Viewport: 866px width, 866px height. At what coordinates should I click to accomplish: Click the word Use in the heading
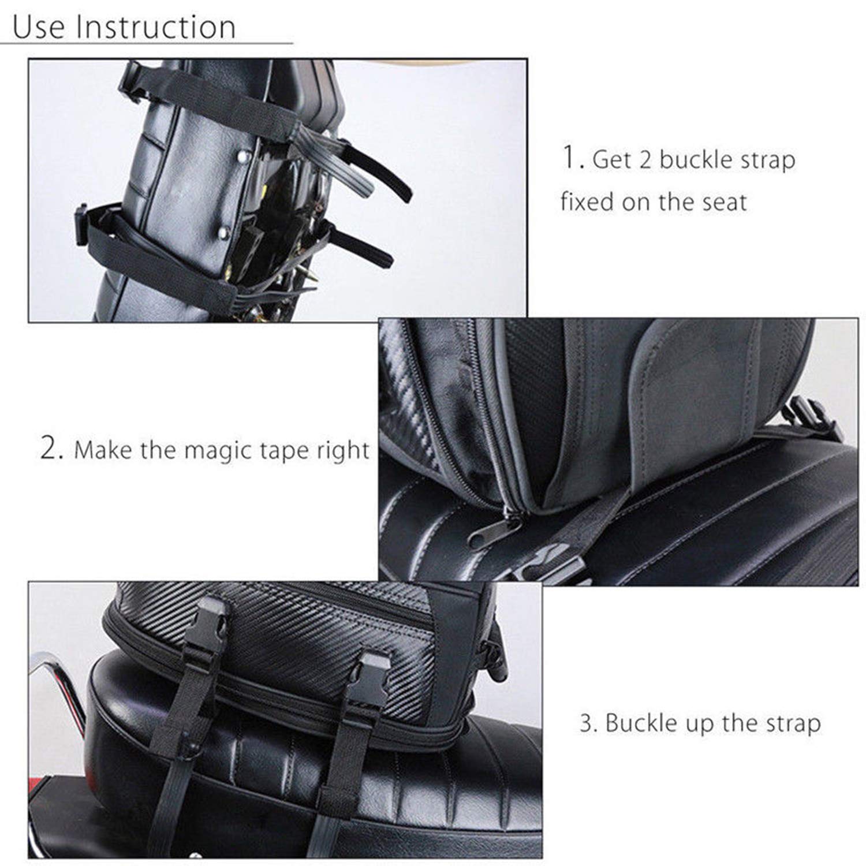coord(39,27)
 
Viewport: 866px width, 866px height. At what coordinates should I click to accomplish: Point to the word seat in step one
coord(724,202)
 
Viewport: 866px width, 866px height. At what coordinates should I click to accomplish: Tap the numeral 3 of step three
coord(588,723)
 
